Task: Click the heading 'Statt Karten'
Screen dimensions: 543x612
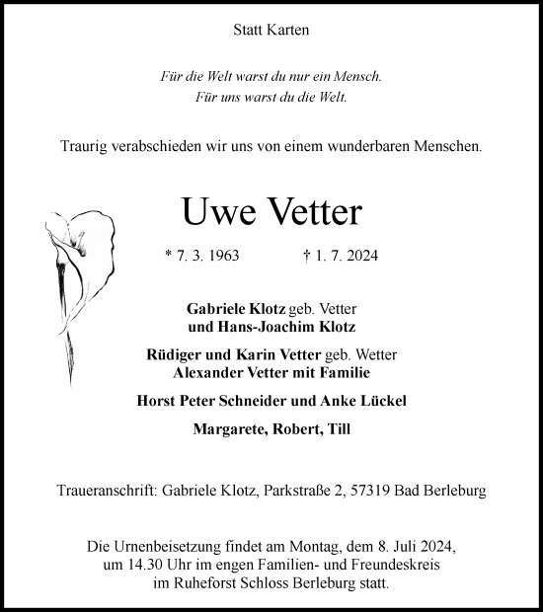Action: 271,31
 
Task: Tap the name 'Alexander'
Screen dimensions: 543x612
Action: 210,372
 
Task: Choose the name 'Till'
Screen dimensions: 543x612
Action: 339,428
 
